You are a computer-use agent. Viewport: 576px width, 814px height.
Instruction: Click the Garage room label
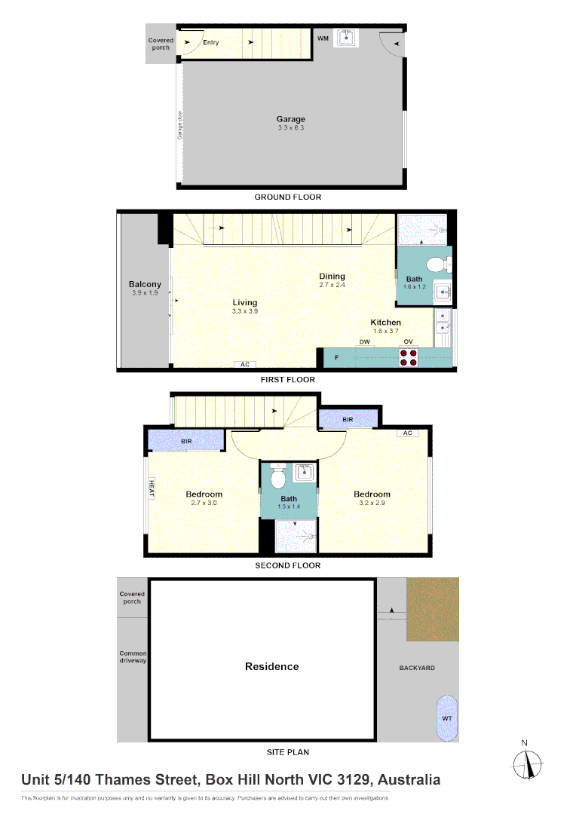pyautogui.click(x=290, y=119)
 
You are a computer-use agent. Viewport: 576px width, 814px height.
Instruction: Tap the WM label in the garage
pyautogui.click(x=323, y=38)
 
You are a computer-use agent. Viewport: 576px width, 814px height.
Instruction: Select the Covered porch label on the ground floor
pyautogui.click(x=160, y=44)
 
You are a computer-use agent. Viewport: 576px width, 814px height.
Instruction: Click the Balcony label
pyautogui.click(x=145, y=284)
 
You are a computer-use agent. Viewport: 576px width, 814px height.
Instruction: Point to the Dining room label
pyautogui.click(x=332, y=277)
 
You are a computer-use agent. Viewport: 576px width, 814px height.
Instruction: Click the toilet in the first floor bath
pyautogui.click(x=436, y=265)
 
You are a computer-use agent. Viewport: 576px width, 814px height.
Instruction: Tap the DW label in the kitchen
pyautogui.click(x=364, y=341)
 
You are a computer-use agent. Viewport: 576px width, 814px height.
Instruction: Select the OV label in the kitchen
pyautogui.click(x=408, y=341)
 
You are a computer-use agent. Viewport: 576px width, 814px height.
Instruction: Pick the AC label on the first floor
pyautogui.click(x=244, y=365)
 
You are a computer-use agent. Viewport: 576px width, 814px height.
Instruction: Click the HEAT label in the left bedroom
pyautogui.click(x=151, y=489)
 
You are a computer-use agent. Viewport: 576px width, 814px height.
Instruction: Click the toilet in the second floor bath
pyautogui.click(x=277, y=477)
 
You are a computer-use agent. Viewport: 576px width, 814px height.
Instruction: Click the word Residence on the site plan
pyautogui.click(x=271, y=666)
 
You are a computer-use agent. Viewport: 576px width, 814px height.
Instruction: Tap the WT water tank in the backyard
pyautogui.click(x=446, y=718)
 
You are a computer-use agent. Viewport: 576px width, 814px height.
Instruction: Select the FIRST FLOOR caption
pyautogui.click(x=287, y=380)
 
